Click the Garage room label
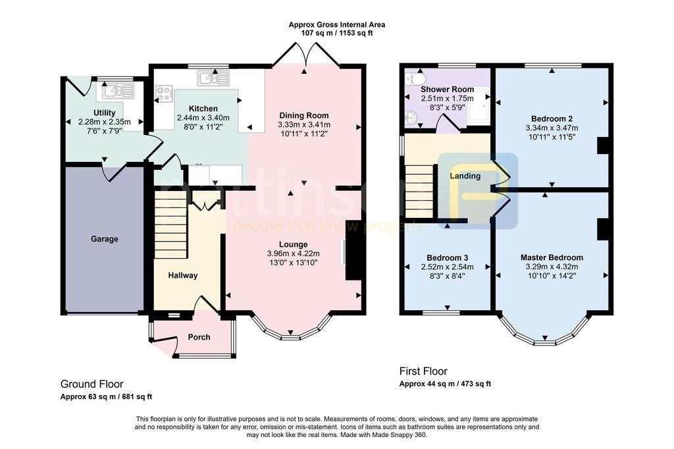point(105,239)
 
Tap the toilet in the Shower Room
point(416,78)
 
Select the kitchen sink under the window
point(213,78)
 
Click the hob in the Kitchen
point(164,93)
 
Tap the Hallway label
point(183,276)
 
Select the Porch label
point(199,337)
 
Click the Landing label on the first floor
point(465,176)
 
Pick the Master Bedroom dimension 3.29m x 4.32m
point(552,267)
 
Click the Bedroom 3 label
point(448,257)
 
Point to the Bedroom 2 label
point(552,119)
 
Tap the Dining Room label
point(304,115)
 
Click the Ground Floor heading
point(91,384)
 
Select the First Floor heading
point(423,371)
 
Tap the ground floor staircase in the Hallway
point(171,225)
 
